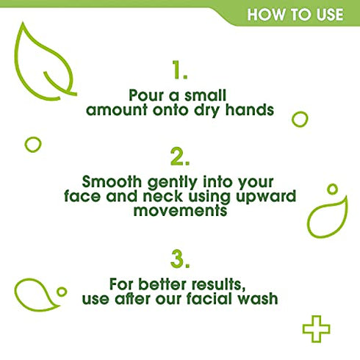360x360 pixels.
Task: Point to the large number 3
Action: (x=180, y=259)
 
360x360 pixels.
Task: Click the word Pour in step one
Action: (x=143, y=96)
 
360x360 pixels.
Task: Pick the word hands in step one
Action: (x=253, y=110)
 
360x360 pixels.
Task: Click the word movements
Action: (x=180, y=210)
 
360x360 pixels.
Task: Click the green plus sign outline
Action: (x=317, y=328)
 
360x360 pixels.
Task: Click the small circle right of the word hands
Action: (x=300, y=119)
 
